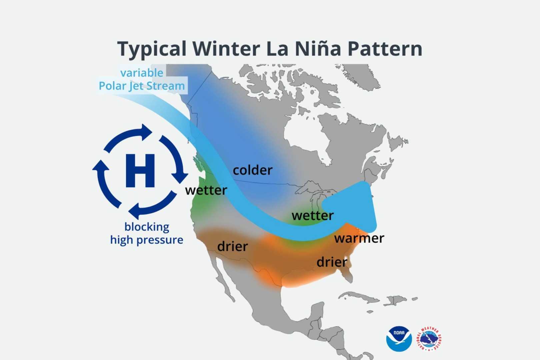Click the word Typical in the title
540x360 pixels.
point(152,49)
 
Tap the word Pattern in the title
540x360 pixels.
point(385,49)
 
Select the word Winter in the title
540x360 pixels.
point(226,49)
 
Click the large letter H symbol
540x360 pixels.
point(140,170)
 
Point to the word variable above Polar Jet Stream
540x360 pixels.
point(142,73)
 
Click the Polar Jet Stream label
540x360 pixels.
point(142,86)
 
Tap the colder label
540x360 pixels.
point(253,170)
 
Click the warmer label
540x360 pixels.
point(359,238)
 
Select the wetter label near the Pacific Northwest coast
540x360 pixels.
point(206,190)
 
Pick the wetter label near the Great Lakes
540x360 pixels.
point(313,216)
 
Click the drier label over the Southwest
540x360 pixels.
point(233,246)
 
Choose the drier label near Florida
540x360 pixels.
point(332,262)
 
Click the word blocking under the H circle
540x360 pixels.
point(147,227)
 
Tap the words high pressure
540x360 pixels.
point(147,240)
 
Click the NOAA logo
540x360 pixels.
point(399,339)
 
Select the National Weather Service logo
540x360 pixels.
point(429,339)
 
